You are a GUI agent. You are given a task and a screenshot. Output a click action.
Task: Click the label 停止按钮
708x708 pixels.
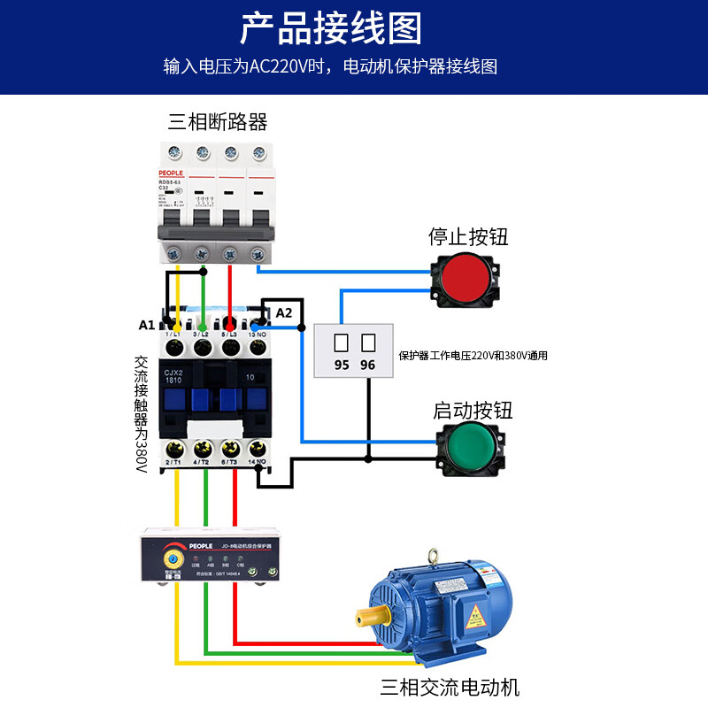pos(468,236)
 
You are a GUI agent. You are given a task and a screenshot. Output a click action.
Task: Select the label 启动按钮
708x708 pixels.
pos(473,411)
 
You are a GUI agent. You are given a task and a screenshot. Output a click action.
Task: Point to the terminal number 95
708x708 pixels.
pos(342,365)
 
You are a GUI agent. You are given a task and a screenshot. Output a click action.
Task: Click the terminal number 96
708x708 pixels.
pos(368,365)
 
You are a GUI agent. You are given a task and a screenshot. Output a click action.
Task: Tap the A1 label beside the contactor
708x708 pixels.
pos(147,325)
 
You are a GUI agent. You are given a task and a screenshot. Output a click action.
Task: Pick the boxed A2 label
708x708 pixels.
pos(283,312)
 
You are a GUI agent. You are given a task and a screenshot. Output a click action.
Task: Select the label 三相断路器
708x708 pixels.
pos(218,121)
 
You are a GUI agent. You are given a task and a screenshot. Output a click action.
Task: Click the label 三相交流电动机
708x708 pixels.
pos(450,687)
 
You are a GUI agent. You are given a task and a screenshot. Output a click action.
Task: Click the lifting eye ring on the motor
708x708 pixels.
pos(434,557)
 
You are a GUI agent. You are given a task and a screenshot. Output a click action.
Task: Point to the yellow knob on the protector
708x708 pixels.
pos(170,561)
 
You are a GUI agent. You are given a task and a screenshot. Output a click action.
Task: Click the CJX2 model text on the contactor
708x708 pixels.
pos(173,373)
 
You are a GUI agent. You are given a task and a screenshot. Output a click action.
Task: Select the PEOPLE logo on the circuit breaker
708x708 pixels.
pos(171,173)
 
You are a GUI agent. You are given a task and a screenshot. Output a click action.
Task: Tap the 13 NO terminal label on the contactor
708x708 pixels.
pos(258,334)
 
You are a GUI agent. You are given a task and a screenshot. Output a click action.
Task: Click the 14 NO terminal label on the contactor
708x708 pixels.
pos(258,462)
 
